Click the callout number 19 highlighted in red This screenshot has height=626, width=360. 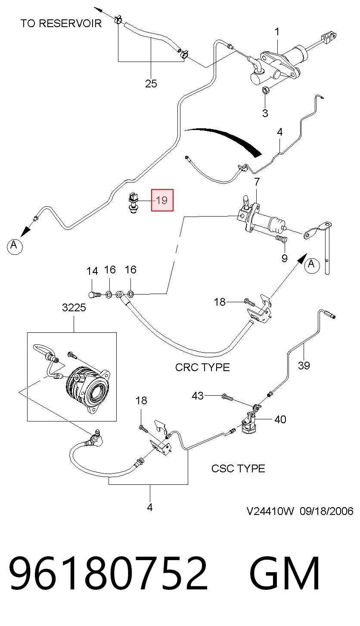tap(162, 200)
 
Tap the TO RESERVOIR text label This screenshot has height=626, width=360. tap(61, 23)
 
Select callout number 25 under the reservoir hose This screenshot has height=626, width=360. tap(151, 83)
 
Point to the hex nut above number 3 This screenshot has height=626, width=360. tap(266, 90)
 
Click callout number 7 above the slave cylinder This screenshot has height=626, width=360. tap(257, 182)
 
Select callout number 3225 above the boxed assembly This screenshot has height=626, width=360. tap(74, 307)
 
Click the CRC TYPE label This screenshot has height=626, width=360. tap(202, 367)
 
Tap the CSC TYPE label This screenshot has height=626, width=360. tap(238, 468)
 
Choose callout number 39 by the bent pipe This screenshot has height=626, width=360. tap(304, 365)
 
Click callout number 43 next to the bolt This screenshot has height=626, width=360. tap(198, 396)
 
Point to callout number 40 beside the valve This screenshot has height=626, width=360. tap(280, 419)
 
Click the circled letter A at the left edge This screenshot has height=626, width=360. tap(15, 246)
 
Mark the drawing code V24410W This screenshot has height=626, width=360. tap(270, 511)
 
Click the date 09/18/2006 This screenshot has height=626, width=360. tap(326, 511)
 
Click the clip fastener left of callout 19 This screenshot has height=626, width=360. tap(133, 203)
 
